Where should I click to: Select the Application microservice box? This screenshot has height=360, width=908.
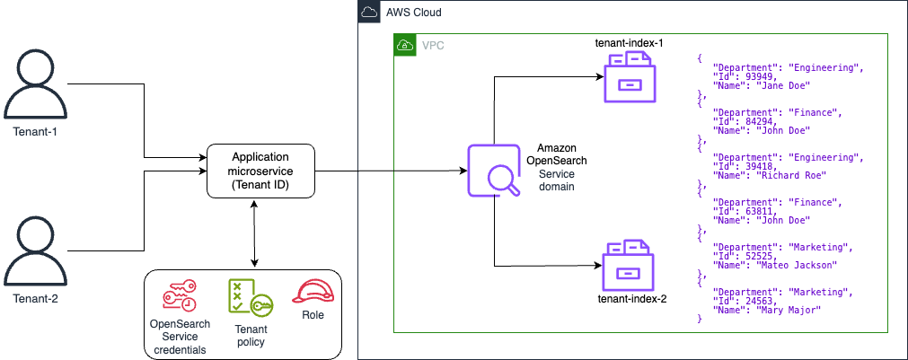(x=261, y=171)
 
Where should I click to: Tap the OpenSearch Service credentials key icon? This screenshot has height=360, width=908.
(x=181, y=294)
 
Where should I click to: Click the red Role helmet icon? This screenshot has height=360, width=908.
(x=313, y=292)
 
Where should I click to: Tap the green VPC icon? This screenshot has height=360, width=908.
(x=406, y=45)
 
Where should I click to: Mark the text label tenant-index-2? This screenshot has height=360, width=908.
(x=632, y=298)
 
